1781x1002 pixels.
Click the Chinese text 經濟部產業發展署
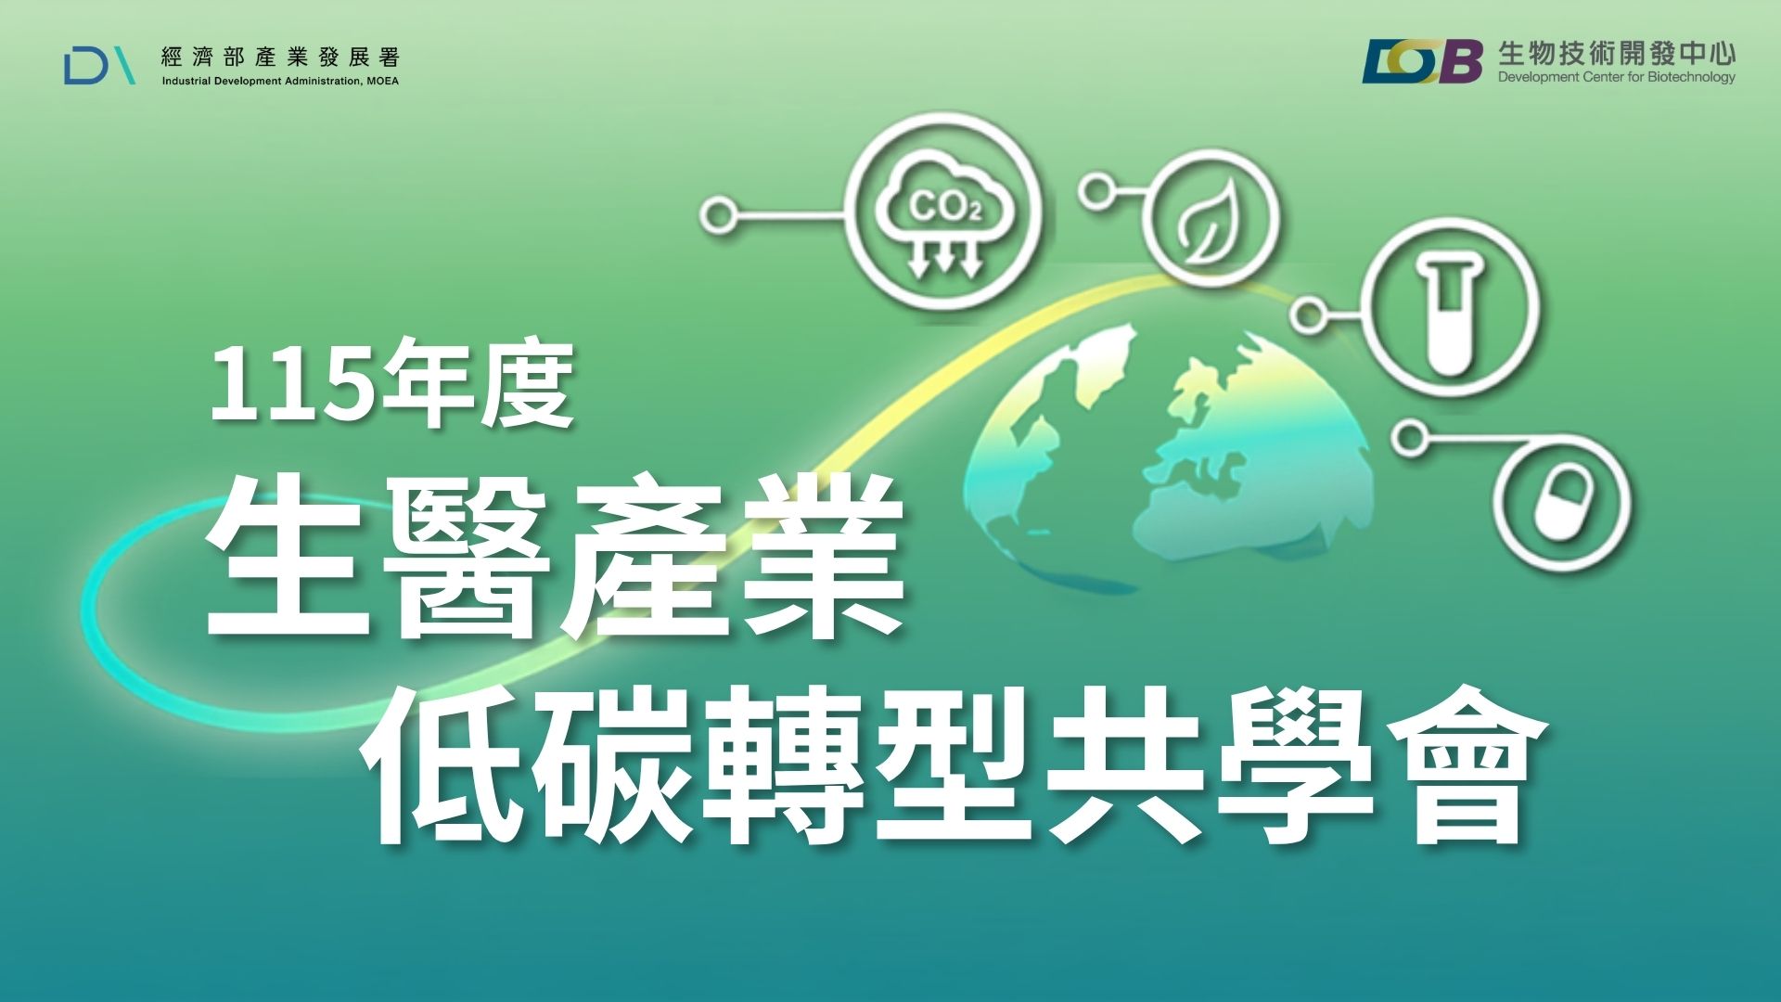point(280,58)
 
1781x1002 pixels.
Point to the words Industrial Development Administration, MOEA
point(280,82)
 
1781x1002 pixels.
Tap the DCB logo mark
point(1423,61)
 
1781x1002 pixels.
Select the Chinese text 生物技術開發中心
point(1617,54)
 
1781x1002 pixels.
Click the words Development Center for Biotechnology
point(1617,77)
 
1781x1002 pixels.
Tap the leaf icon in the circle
point(1210,221)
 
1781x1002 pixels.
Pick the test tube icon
point(1451,312)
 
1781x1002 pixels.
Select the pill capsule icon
point(1563,505)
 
